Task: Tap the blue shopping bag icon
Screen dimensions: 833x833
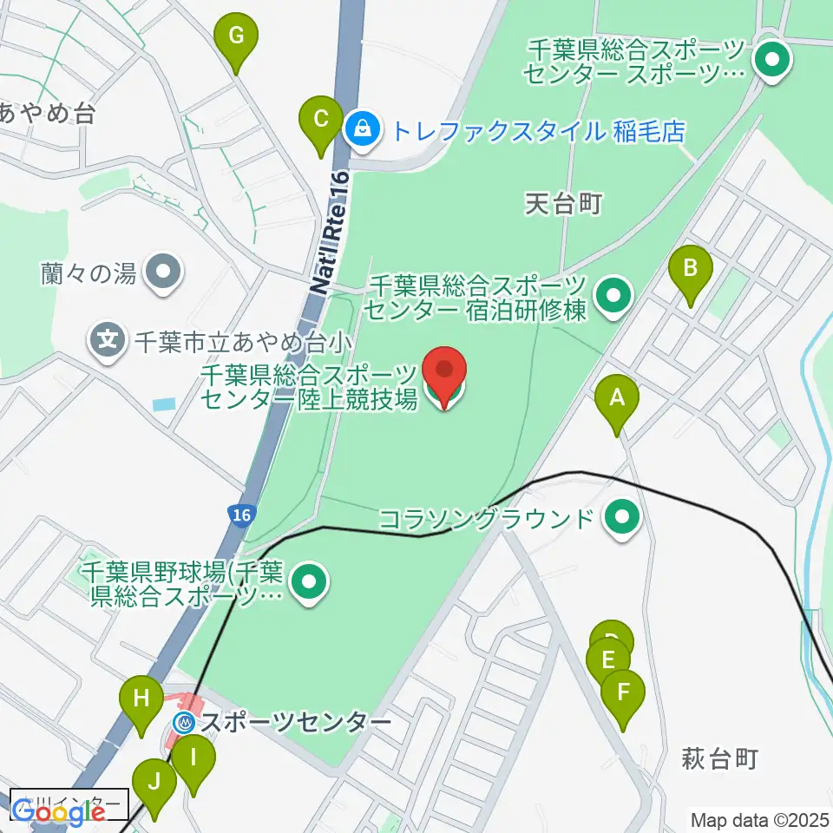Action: click(359, 129)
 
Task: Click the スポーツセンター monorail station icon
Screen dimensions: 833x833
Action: click(185, 722)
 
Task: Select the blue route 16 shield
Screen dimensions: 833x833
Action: click(242, 515)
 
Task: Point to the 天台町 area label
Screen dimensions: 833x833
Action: click(563, 204)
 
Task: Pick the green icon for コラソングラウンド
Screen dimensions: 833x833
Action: click(621, 519)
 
